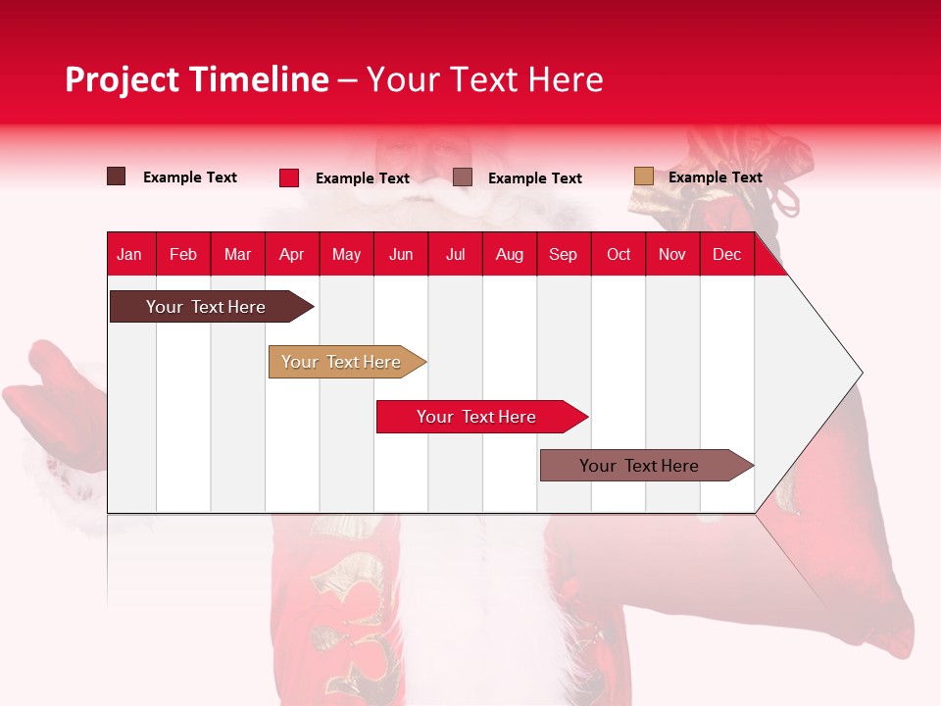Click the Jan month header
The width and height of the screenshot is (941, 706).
pos(129,254)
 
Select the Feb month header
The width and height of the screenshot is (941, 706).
pos(183,254)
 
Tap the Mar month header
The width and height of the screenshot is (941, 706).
pos(237,254)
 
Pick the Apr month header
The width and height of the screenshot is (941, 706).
pos(292,254)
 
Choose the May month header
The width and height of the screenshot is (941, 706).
pos(346,254)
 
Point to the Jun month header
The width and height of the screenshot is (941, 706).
pos(401,254)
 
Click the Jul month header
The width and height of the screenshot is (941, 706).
pos(455,254)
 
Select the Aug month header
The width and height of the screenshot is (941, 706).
pos(510,254)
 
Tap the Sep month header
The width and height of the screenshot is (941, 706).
pos(564,254)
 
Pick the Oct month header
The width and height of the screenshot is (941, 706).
pos(619,254)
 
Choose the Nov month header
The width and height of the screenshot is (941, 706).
pos(672,254)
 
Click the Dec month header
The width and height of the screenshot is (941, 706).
pos(727,254)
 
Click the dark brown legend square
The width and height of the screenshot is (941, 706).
pos(116,176)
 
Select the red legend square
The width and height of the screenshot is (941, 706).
pos(289,177)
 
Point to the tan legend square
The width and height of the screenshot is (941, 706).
pos(643,176)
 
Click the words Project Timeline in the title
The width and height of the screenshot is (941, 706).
pos(197,79)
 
